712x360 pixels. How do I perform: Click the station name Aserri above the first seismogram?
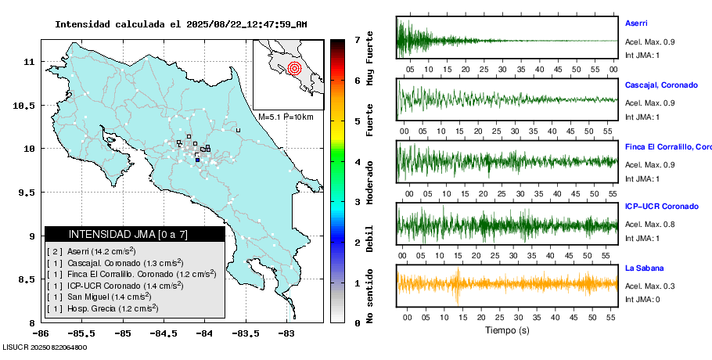click(x=636, y=23)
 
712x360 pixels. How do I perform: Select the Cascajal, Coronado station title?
click(x=661, y=85)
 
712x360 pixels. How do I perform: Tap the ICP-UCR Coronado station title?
click(x=661, y=207)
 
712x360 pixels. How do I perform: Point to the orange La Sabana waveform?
click(x=507, y=283)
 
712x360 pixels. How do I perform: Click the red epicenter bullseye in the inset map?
click(x=294, y=68)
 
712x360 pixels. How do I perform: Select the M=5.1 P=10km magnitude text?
click(x=286, y=117)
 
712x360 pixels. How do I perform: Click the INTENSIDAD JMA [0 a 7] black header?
click(x=135, y=234)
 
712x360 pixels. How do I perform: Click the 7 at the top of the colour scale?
click(x=357, y=39)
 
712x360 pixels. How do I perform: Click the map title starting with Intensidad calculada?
click(x=181, y=24)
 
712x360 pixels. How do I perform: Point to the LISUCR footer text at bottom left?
click(x=45, y=347)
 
